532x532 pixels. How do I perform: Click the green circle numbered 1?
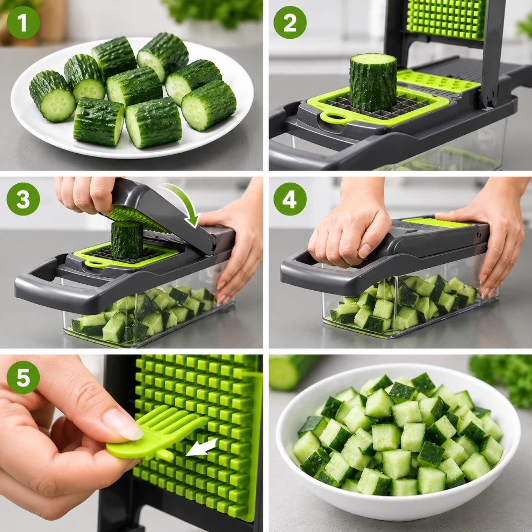point(23,23)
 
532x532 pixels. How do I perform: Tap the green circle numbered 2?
point(290,23)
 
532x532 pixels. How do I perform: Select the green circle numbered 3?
point(23,199)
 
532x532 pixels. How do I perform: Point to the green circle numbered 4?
point(290,199)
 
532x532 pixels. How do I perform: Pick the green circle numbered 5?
point(23,377)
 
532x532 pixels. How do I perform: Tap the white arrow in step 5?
point(202,447)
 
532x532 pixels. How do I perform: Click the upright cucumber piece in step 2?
point(373,82)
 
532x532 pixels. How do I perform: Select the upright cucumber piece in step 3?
point(127,240)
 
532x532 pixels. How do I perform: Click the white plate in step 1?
point(132,98)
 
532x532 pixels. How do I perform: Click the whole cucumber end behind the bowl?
point(290,371)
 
